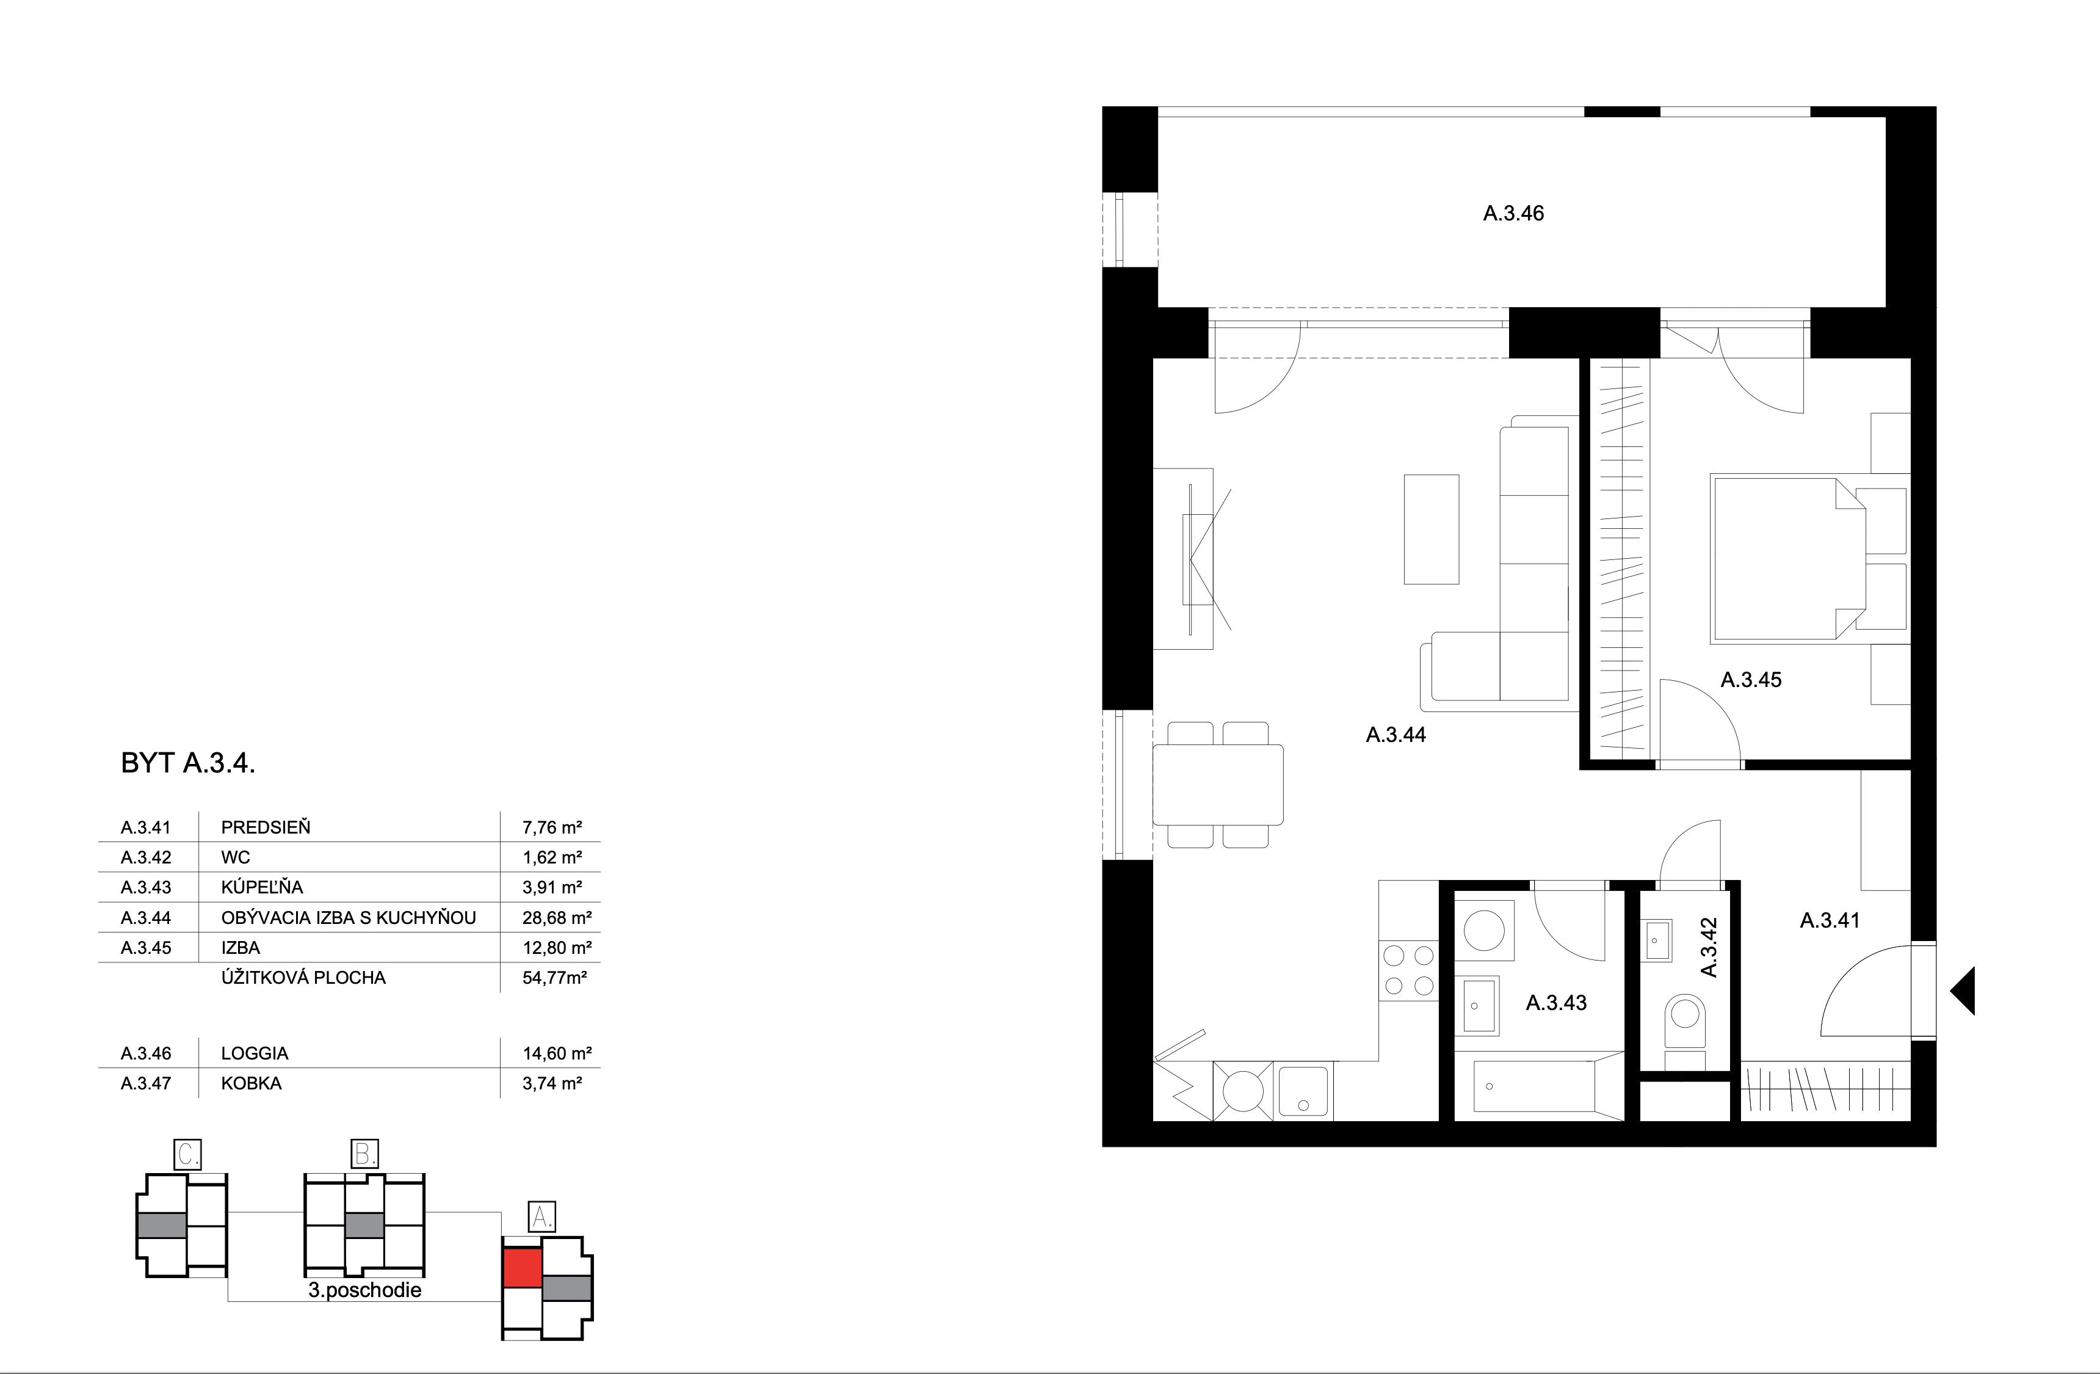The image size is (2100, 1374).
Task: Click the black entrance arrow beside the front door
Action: tap(1963, 990)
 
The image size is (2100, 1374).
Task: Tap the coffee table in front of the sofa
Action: tap(1431, 529)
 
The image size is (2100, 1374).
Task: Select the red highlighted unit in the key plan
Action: tap(521, 1268)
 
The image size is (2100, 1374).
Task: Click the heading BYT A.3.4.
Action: tap(188, 763)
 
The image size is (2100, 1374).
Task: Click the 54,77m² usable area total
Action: tap(554, 978)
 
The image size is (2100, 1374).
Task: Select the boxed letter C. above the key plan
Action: tap(188, 1154)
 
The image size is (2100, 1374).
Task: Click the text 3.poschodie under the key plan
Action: tap(364, 1290)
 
